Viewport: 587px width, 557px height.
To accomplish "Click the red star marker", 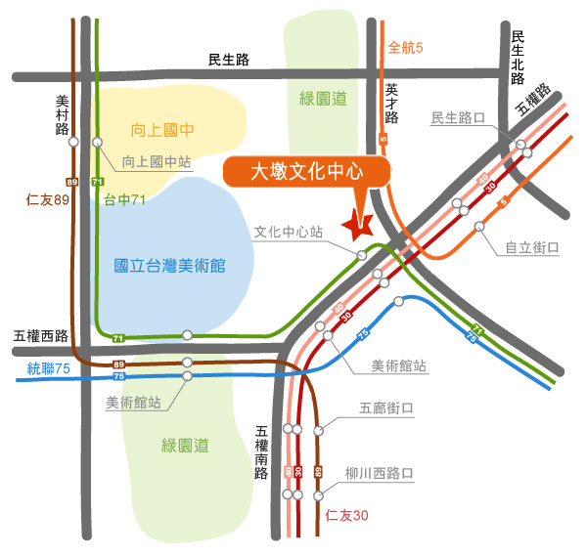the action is coord(357,227).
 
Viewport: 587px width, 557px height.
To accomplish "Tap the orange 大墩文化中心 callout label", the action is coord(306,172).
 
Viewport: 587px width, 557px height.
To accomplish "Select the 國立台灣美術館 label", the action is coord(169,266).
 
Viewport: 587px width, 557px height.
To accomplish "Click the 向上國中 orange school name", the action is coord(162,130).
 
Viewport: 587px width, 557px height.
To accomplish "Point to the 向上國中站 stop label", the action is coord(157,162).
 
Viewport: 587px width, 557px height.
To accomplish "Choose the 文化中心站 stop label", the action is coord(289,232).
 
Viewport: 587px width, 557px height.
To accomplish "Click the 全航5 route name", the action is coord(405,48).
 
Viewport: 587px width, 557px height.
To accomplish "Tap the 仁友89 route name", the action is coord(48,199).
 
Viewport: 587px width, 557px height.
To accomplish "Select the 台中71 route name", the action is coord(124,200).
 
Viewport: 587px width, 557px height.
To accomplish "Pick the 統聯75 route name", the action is coord(49,368).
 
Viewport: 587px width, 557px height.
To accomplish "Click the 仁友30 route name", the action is coord(346,516).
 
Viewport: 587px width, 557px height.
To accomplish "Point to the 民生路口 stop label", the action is coord(458,118).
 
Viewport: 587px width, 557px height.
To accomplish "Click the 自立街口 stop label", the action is coord(532,247).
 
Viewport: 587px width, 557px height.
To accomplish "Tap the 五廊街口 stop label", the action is coord(386,407).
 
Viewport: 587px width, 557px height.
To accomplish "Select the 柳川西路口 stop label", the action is coord(380,473).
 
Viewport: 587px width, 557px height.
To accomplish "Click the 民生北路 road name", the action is coord(518,58).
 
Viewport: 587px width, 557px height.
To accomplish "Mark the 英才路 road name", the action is coord(391,104).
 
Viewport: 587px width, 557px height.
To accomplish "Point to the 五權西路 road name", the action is coord(41,336).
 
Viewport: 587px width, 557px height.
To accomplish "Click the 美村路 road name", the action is coord(63,115).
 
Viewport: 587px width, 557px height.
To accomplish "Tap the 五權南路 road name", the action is coord(261,452).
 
